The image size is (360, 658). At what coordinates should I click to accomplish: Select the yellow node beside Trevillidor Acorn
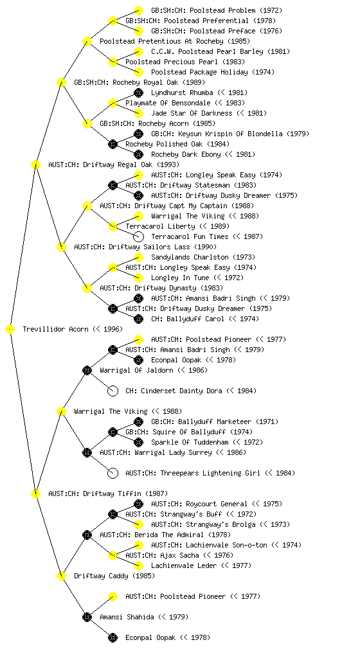(x=10, y=330)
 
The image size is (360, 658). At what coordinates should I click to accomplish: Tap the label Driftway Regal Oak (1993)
(x=114, y=164)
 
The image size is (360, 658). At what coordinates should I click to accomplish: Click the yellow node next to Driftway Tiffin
(x=36, y=494)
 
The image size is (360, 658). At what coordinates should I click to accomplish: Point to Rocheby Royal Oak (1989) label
(x=139, y=82)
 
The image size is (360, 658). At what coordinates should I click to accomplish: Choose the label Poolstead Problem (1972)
(x=217, y=10)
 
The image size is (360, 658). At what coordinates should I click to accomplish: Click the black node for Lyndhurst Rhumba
(x=138, y=93)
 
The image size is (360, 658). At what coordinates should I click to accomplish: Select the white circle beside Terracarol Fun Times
(x=138, y=236)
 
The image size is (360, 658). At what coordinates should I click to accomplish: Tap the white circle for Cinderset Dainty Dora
(x=113, y=391)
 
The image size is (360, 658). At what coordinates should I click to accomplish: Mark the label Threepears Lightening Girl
(x=210, y=473)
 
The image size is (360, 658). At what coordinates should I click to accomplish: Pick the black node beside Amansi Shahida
(x=87, y=618)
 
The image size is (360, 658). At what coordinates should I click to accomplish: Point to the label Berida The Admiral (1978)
(x=165, y=535)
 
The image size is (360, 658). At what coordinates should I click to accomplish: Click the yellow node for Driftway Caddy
(x=62, y=576)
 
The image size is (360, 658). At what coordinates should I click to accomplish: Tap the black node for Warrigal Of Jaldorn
(x=87, y=371)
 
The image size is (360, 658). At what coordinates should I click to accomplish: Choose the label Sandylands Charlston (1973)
(x=203, y=257)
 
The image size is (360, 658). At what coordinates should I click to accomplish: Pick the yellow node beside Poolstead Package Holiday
(x=138, y=72)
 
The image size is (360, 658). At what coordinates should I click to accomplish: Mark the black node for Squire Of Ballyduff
(x=113, y=432)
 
